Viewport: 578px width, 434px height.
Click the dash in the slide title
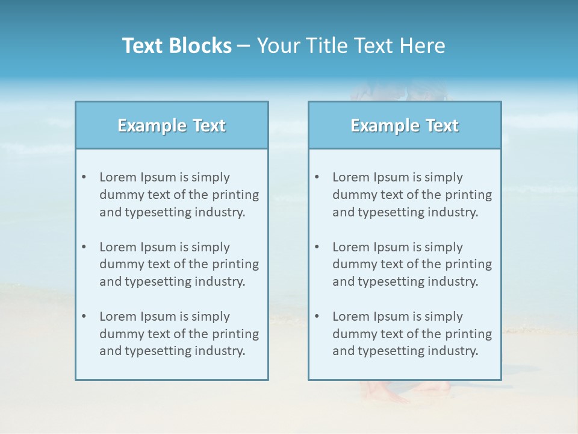coord(244,46)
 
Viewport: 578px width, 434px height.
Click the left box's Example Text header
coord(172,125)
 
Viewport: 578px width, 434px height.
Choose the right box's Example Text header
coord(405,125)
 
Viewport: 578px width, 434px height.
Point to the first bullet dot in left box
coord(84,177)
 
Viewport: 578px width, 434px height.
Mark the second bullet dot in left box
coord(84,247)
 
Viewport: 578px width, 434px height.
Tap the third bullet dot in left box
coord(84,316)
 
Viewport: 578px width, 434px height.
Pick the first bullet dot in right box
coord(317,177)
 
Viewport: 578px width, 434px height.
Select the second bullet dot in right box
coord(317,247)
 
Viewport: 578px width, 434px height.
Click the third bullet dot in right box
coord(317,316)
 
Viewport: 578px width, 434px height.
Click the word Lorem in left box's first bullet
coord(118,177)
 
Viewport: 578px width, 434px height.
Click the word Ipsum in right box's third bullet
coord(391,316)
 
